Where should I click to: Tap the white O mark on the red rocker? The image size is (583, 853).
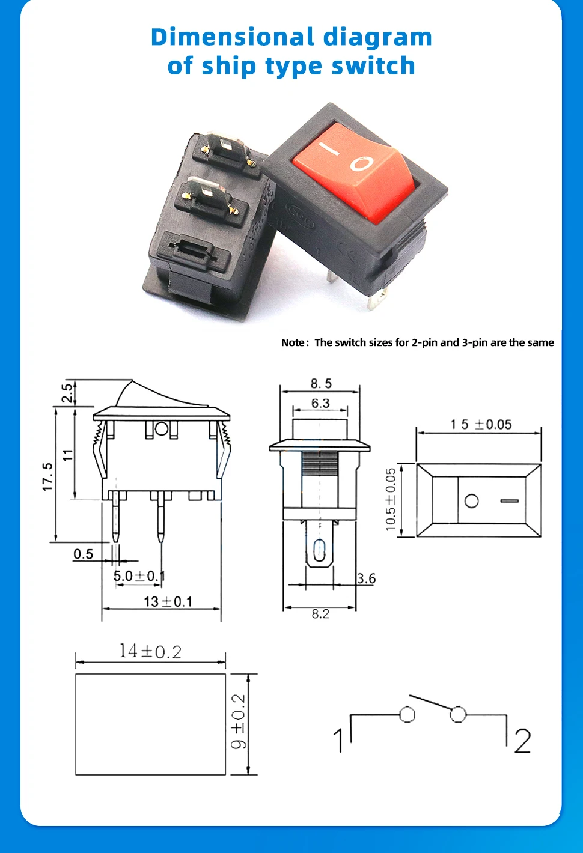click(361, 163)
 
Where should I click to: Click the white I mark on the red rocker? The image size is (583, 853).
click(329, 149)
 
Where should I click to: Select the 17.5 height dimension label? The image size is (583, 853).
click(47, 477)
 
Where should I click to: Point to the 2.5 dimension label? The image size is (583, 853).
click(67, 393)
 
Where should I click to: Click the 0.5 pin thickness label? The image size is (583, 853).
click(83, 554)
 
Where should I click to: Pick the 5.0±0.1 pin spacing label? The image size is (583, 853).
click(139, 576)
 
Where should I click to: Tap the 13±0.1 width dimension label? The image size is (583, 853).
click(168, 602)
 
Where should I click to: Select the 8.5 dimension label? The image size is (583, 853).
click(321, 383)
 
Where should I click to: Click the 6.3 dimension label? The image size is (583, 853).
click(320, 403)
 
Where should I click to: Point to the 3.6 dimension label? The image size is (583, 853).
click(366, 579)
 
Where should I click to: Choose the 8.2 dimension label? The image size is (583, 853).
click(320, 614)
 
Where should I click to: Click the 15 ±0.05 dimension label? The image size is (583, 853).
click(481, 425)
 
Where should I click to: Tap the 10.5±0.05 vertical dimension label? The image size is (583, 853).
click(391, 499)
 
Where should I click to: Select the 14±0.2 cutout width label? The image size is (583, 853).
click(150, 651)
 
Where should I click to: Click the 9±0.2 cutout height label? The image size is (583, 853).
click(239, 721)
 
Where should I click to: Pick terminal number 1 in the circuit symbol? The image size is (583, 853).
click(338, 741)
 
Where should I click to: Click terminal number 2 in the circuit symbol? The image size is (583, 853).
click(522, 741)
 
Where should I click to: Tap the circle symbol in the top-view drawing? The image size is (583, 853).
click(471, 501)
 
